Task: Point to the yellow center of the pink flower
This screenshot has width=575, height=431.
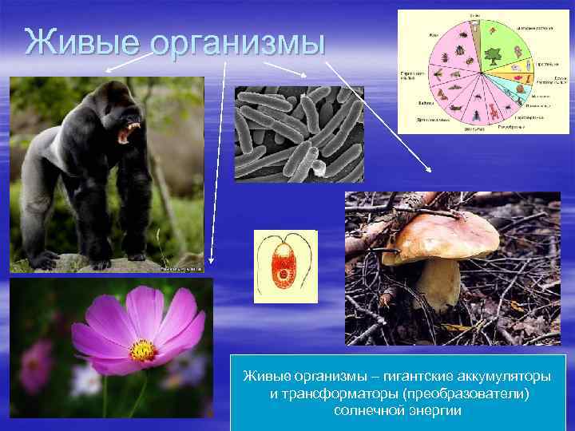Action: pos(143,350)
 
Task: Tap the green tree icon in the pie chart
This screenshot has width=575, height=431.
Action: pos(492,57)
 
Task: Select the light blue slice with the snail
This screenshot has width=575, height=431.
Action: pos(524,80)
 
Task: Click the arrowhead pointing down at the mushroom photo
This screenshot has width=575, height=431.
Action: pos(430,169)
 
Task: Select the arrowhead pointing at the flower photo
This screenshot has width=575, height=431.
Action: pos(212,260)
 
